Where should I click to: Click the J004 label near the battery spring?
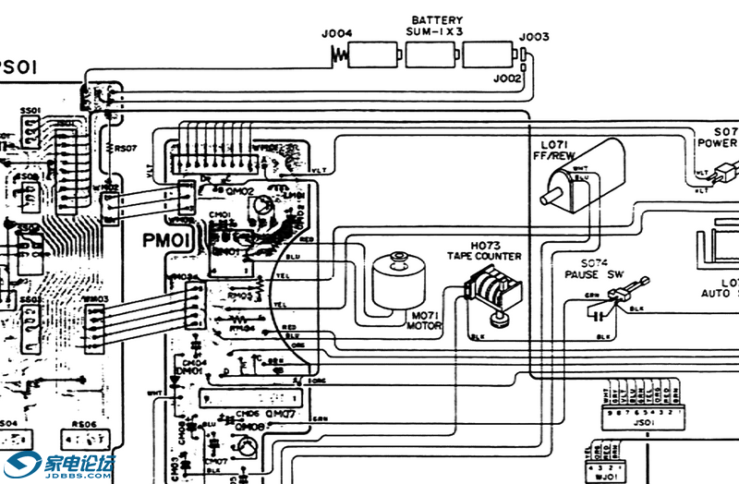[x=337, y=36]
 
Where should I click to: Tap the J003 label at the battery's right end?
[x=533, y=37]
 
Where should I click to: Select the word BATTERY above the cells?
[x=436, y=19]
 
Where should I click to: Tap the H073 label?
[x=485, y=245]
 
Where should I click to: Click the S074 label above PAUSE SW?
[x=592, y=263]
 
